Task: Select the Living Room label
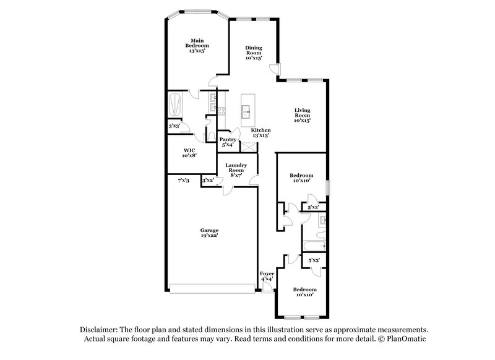[302, 116]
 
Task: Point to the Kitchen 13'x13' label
[260, 132]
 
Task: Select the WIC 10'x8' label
[190, 153]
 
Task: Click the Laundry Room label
[236, 169]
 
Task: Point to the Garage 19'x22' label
[209, 233]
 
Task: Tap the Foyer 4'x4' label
[267, 276]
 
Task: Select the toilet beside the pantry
[210, 135]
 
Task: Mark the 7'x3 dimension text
[183, 180]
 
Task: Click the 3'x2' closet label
[208, 180]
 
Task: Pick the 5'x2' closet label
[313, 207]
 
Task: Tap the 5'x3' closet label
[314, 260]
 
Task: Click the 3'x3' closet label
[174, 126]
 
